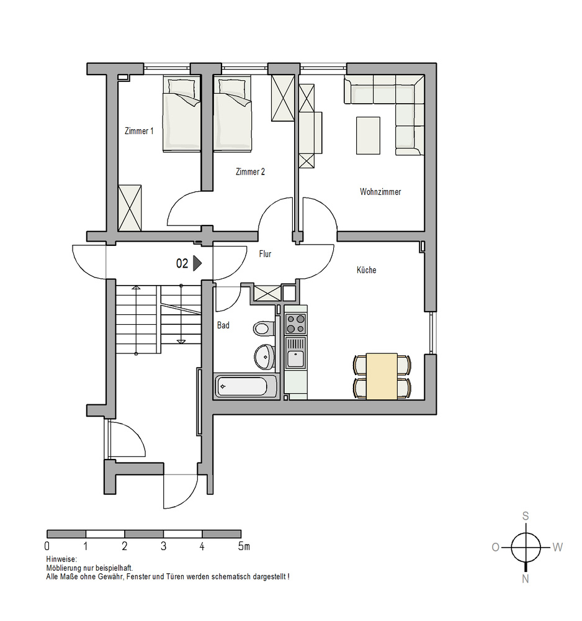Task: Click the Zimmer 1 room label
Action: (139, 131)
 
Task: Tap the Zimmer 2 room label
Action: (250, 172)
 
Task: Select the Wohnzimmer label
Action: (380, 192)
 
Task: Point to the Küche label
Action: (366, 270)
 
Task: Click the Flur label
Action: (265, 254)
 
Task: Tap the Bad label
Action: (223, 325)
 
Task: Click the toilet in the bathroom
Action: (264, 329)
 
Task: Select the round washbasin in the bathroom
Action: (264, 356)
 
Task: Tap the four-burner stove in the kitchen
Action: (295, 324)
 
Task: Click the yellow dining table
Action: (382, 376)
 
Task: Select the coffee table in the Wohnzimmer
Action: (368, 135)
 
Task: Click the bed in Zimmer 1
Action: (182, 114)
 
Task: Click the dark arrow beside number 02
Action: (197, 263)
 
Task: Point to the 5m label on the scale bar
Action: (244, 546)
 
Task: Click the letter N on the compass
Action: (526, 579)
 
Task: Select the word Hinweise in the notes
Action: (61, 560)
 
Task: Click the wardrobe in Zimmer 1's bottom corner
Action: (130, 207)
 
